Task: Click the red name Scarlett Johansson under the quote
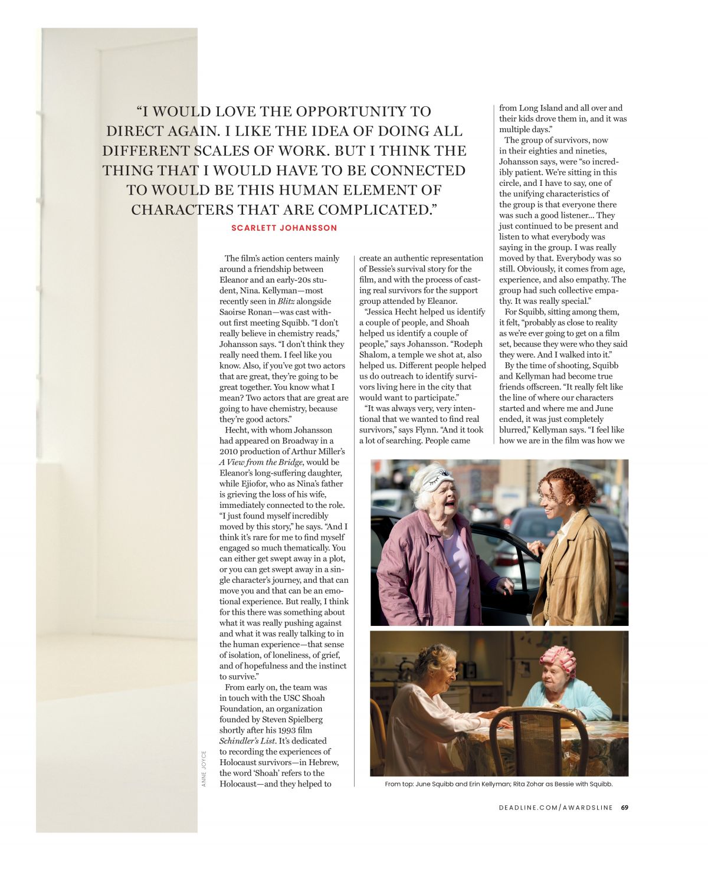[284, 228]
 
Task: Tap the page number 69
[624, 808]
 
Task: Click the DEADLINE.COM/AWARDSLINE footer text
[555, 808]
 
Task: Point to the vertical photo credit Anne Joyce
[204, 768]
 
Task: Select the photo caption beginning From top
[499, 784]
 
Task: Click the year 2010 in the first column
[229, 452]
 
